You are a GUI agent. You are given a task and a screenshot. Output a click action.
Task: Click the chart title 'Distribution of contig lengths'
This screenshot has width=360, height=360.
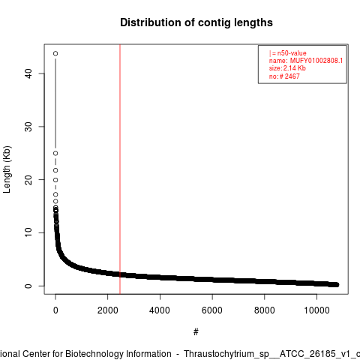coord(196,22)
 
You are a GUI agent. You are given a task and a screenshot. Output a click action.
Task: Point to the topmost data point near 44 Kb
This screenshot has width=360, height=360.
coord(55,53)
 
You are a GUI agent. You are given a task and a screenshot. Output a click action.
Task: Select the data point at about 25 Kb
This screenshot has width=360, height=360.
coord(55,153)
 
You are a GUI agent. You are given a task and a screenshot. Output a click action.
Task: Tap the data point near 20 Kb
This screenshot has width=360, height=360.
coord(55,180)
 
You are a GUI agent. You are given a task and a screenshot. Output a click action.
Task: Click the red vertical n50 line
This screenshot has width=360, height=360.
coord(120,169)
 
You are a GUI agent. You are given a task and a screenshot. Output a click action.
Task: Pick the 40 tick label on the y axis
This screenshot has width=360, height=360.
coord(28,73)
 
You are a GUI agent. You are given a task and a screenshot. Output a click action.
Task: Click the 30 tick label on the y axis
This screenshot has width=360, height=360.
coord(28,127)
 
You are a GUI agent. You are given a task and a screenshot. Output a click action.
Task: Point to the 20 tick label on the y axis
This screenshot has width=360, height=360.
coord(28,180)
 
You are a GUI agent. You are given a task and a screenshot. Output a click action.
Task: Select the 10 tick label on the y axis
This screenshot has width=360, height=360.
coord(28,232)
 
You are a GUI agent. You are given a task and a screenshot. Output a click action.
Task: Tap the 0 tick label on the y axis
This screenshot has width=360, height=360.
coord(28,286)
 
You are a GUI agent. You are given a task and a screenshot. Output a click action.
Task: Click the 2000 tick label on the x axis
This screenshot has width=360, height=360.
coord(108,310)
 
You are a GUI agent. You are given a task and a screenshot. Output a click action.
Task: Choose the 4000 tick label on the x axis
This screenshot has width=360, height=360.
coord(160,310)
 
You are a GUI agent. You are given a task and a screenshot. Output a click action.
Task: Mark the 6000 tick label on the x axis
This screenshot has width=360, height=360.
coord(212,310)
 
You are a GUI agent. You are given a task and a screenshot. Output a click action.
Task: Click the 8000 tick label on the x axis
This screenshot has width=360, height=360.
coord(265,310)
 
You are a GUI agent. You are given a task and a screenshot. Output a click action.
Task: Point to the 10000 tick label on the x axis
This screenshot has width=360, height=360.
coord(316,310)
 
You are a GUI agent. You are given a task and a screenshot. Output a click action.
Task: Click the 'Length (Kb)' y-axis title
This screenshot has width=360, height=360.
coord(7,169)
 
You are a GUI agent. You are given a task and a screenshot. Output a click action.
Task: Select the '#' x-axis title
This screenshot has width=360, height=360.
coord(196,332)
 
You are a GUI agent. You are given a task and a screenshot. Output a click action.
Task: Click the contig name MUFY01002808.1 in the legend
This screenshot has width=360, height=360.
coord(316,61)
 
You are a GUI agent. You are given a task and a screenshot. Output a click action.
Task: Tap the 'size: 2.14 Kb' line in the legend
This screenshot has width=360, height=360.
coord(287,68)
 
